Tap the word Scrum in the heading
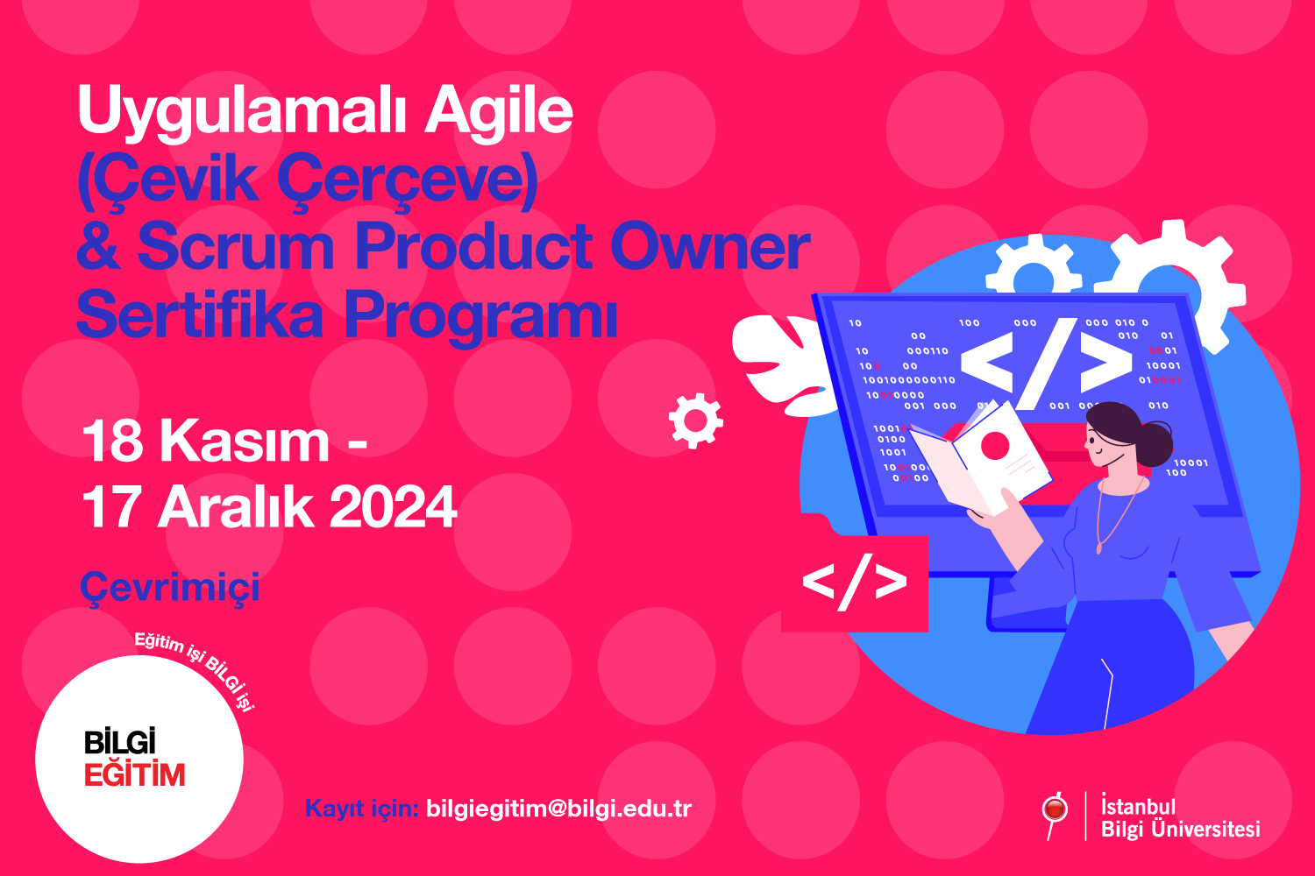[236, 246]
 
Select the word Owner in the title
[710, 246]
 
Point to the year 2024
[394, 506]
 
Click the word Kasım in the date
[245, 441]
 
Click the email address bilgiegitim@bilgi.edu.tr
[559, 809]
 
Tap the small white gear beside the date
[696, 420]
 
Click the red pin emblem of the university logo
[1055, 809]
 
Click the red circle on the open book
[994, 445]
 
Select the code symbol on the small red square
[854, 582]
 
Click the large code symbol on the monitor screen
[1046, 364]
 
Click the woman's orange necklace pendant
[1099, 548]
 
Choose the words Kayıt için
[361, 809]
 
